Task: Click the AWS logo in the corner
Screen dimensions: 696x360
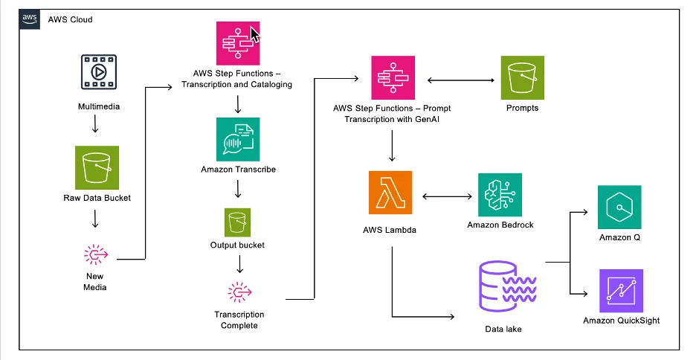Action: coord(29,19)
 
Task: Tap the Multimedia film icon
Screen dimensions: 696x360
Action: coord(99,72)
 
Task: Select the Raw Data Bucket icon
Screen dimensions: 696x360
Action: coord(97,168)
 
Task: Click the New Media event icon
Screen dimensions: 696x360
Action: coord(96,254)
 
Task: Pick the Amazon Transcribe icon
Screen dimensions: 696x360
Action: coord(238,139)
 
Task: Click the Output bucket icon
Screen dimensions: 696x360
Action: coord(237,222)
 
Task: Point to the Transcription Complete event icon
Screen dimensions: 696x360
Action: coord(239,292)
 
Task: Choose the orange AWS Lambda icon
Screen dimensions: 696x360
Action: coord(390,193)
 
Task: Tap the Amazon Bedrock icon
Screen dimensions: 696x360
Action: coord(500,195)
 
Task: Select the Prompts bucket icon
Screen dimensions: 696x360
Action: coord(523,77)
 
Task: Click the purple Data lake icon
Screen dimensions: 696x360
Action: coord(508,286)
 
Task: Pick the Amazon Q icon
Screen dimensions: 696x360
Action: coord(619,208)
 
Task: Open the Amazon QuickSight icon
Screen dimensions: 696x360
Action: coord(621,291)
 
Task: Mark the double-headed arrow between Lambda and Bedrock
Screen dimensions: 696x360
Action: coord(447,196)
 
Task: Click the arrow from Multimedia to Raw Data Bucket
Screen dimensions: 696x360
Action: coord(95,123)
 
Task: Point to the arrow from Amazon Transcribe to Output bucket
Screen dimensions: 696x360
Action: coord(238,188)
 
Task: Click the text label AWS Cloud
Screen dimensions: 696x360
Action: coord(70,19)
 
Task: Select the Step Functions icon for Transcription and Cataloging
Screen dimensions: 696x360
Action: coord(238,43)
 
